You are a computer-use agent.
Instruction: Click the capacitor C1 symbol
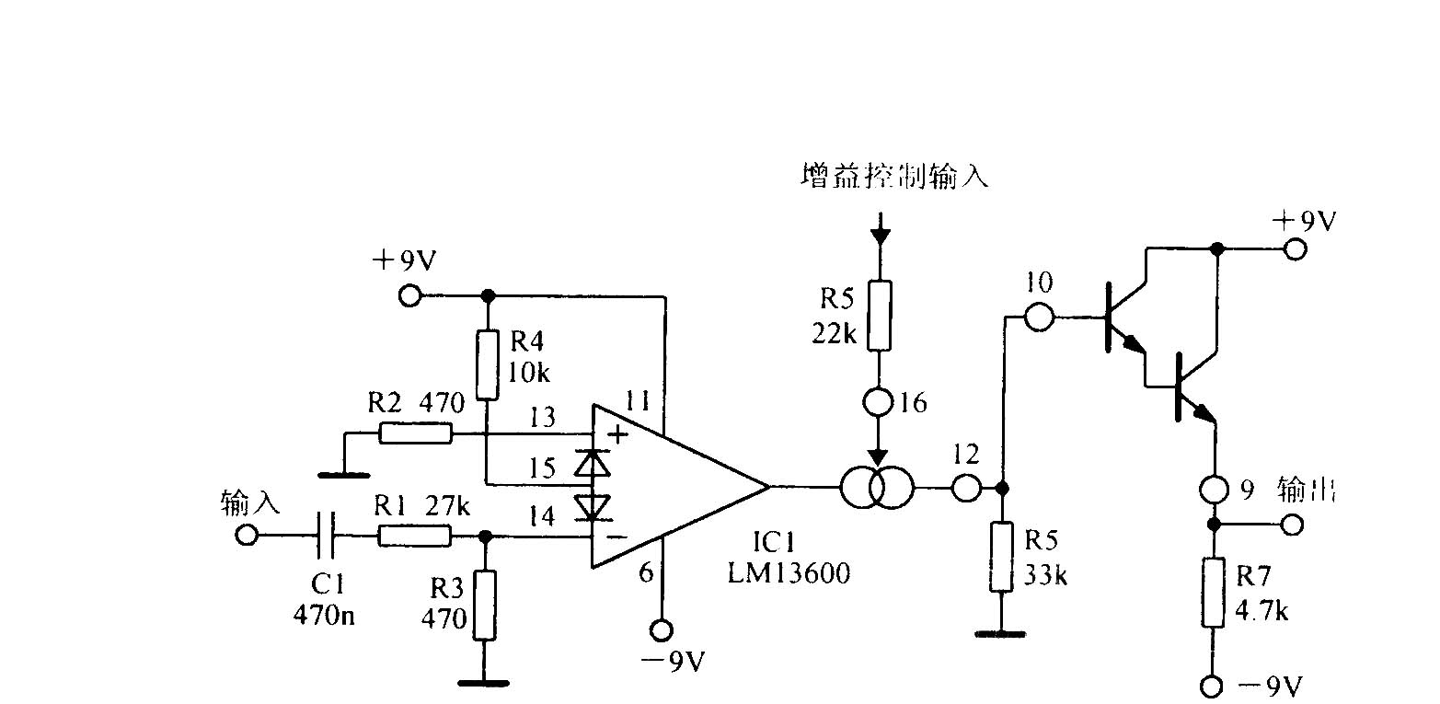pyautogui.click(x=326, y=535)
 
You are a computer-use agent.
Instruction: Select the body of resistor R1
pyautogui.click(x=415, y=536)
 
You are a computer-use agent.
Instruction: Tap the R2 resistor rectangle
pyautogui.click(x=416, y=433)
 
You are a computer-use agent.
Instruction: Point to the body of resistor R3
pyautogui.click(x=485, y=605)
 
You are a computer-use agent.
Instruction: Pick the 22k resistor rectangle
pyautogui.click(x=880, y=316)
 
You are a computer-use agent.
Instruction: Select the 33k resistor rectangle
pyautogui.click(x=1002, y=557)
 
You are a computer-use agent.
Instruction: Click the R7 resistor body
pyautogui.click(x=1213, y=593)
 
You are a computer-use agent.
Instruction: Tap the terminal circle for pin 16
pyautogui.click(x=878, y=402)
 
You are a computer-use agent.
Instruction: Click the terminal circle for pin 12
pyautogui.click(x=965, y=488)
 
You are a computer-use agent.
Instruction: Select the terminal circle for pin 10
pyautogui.click(x=1039, y=317)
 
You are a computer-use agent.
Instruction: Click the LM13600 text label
pyautogui.click(x=789, y=572)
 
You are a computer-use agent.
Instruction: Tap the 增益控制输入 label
pyautogui.click(x=894, y=176)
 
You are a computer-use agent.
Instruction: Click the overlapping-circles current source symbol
pyautogui.click(x=877, y=488)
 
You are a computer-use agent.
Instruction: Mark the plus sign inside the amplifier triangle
pyautogui.click(x=617, y=435)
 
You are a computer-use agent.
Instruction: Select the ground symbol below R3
pyautogui.click(x=484, y=684)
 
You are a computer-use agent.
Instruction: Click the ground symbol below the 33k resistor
pyautogui.click(x=1001, y=635)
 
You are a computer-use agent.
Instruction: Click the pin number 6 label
pyautogui.click(x=646, y=571)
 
